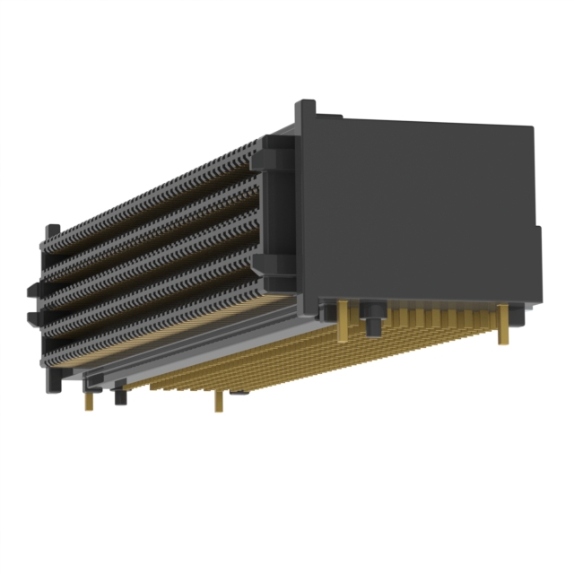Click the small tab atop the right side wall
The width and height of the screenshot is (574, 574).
pyautogui.click(x=306, y=109)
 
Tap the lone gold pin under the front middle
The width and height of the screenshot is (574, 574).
pyautogui.click(x=218, y=400)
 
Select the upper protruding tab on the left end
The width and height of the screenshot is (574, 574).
pyautogui.click(x=33, y=288)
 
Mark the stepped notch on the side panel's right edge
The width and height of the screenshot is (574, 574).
pyautogui.click(x=537, y=235)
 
